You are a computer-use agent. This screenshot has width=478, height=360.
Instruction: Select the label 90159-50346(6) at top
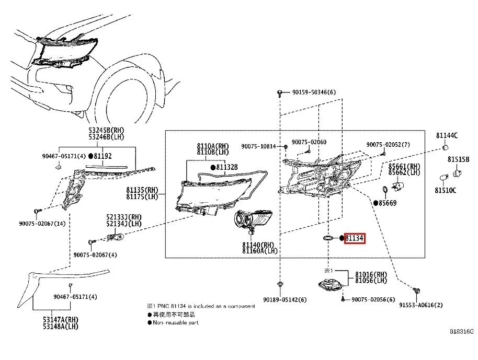click(314, 92)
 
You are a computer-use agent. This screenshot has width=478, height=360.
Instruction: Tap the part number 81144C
click(447, 135)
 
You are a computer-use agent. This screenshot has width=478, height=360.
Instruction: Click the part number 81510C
click(447, 190)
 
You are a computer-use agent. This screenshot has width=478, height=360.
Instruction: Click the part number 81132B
click(226, 167)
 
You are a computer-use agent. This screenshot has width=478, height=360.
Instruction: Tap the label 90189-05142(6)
click(285, 299)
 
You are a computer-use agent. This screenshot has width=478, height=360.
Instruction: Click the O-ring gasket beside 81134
click(328, 238)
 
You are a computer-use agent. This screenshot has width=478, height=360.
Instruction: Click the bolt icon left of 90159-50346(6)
click(281, 92)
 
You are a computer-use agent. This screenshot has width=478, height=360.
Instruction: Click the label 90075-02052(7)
click(388, 144)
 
